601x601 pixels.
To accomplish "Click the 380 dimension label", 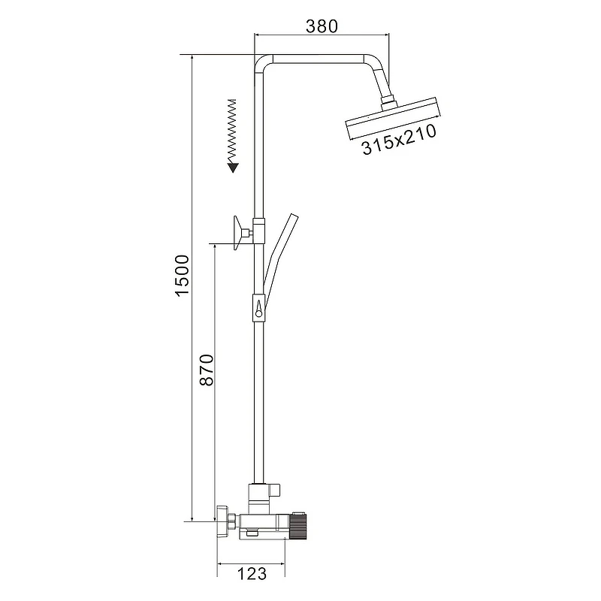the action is (x=322, y=26).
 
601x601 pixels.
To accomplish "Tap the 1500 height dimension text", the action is (x=183, y=275).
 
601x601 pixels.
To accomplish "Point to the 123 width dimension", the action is (x=252, y=574).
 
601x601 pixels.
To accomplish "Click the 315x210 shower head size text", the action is (x=399, y=139).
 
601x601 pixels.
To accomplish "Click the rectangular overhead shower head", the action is (x=393, y=119).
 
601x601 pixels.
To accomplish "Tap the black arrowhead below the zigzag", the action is (x=233, y=168).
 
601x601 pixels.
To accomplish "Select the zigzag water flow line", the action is (x=232, y=131).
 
